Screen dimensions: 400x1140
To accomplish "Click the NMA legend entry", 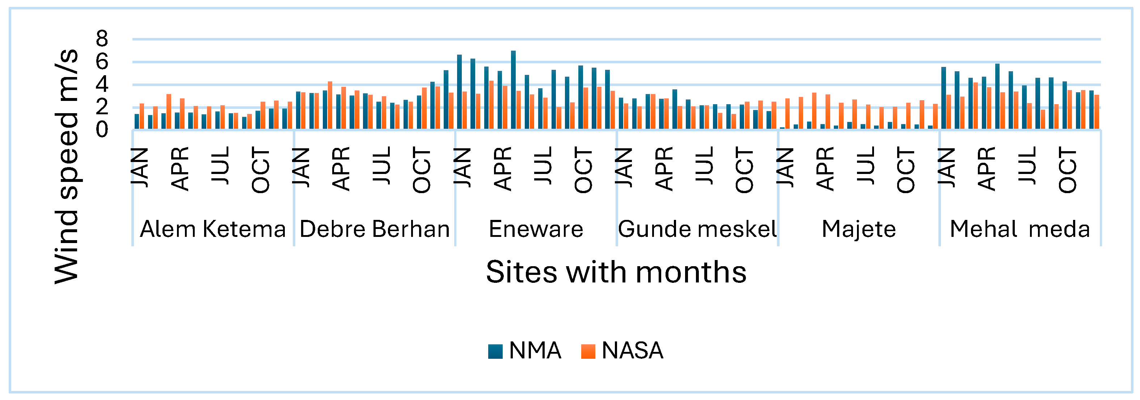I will tap(524, 350).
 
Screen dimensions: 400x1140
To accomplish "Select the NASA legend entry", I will tap(622, 350).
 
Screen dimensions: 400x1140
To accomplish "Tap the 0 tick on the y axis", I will tap(102, 129).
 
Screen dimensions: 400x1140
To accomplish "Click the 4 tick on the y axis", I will tap(102, 84).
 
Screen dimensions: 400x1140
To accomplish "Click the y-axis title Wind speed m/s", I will tap(66, 166).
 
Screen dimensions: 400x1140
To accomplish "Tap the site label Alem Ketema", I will tap(213, 229).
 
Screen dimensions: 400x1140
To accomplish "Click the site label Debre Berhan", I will tap(375, 229).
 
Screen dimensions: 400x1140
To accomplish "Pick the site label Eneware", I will tap(536, 229).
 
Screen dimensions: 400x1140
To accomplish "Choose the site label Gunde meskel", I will tap(697, 229).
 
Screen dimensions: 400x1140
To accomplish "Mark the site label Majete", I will tap(858, 229).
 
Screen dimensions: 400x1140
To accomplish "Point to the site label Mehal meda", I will tap(1020, 229).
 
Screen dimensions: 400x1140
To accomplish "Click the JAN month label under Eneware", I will tap(463, 168).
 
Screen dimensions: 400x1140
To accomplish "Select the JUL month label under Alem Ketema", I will tap(221, 165).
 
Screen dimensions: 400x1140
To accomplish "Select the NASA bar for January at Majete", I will tap(787, 114).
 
